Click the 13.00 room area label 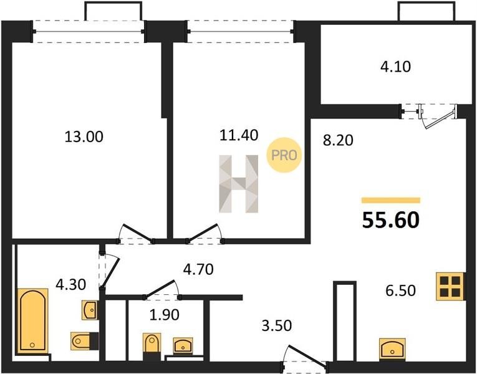[x=84, y=137]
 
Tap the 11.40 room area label [x=239, y=135]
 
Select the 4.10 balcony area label [x=395, y=67]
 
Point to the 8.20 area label [x=338, y=140]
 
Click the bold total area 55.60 [x=391, y=220]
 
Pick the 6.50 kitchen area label [x=400, y=290]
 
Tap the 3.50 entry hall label [x=276, y=325]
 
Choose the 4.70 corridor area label [x=198, y=269]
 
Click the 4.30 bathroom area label [x=71, y=285]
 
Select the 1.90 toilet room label [x=164, y=315]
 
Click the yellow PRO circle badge [x=284, y=155]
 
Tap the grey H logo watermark [x=239, y=184]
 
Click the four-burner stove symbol [x=451, y=287]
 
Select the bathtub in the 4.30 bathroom [x=33, y=320]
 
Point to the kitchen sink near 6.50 [x=392, y=349]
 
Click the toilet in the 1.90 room [x=152, y=343]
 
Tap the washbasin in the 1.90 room [x=183, y=346]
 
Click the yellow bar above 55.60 [x=391, y=200]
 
